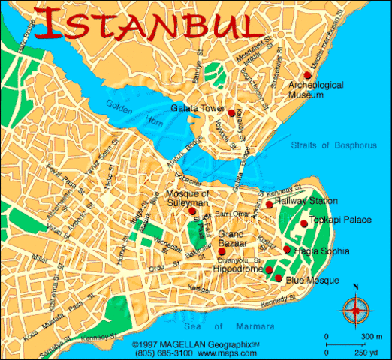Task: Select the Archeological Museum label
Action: click(316, 90)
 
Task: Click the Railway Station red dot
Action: click(269, 204)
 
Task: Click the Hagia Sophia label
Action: click(321, 250)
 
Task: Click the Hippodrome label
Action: click(239, 268)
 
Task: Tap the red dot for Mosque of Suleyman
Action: click(192, 211)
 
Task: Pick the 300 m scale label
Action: click(369, 335)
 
